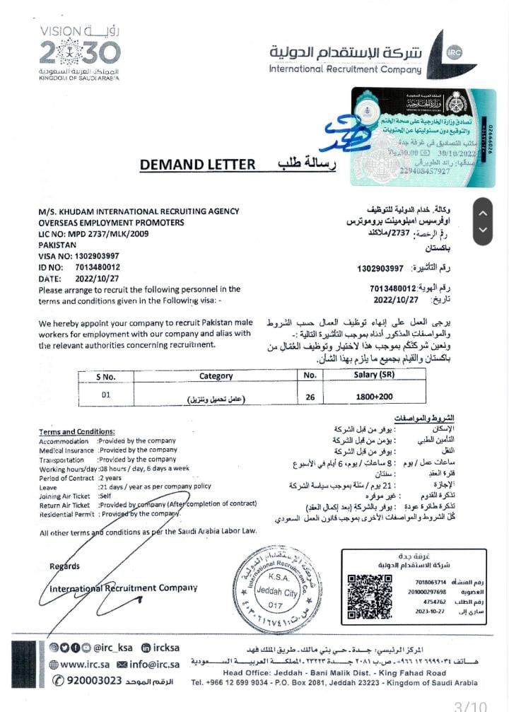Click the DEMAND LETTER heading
197,165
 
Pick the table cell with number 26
310,397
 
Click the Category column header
216,376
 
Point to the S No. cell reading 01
106,395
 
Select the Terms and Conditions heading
76,431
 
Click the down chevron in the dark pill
483,230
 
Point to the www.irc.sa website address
83,665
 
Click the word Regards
64,566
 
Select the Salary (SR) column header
374,375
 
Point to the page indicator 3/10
469,704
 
